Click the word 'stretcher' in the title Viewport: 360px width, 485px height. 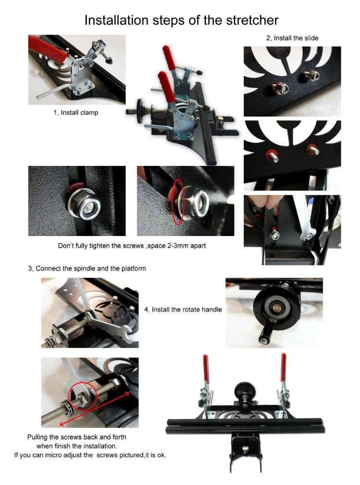[252, 20]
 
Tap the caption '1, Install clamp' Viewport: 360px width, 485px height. [76, 113]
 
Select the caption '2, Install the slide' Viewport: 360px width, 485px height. [292, 38]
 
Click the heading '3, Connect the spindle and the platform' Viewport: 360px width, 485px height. [87, 269]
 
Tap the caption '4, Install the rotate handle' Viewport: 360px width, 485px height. [183, 309]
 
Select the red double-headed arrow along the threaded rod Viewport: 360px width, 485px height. [95, 408]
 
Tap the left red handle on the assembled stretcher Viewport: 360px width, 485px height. [205, 368]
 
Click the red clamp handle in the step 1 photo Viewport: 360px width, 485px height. [47, 48]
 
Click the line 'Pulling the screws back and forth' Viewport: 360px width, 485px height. [77, 437]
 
